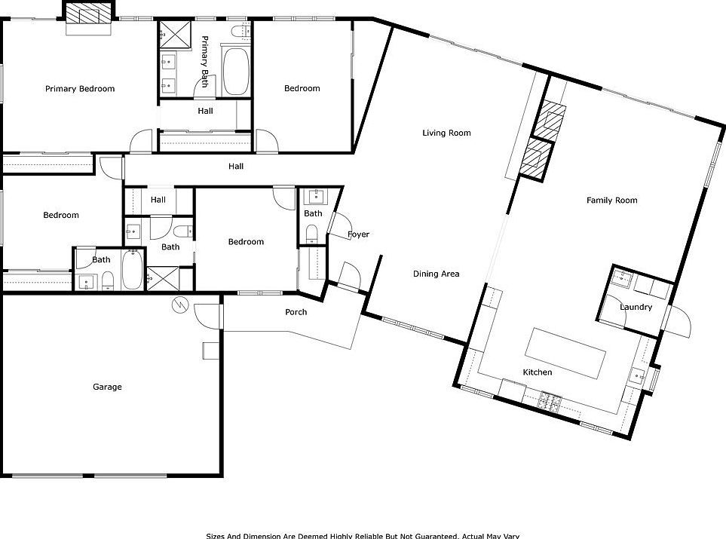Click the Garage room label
coord(107,387)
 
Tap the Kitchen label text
coord(538,372)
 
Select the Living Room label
coord(446,133)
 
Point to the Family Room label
coord(612,201)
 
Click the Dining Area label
coord(436,274)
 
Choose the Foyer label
coord(359,234)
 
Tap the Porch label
coord(296,312)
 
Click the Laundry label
coord(636,308)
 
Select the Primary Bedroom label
coord(80,89)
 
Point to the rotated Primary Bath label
coord(204,61)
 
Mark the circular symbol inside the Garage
coord(180,305)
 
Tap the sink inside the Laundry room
coord(623,278)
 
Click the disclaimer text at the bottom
coord(363,535)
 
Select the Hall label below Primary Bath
coord(205,111)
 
